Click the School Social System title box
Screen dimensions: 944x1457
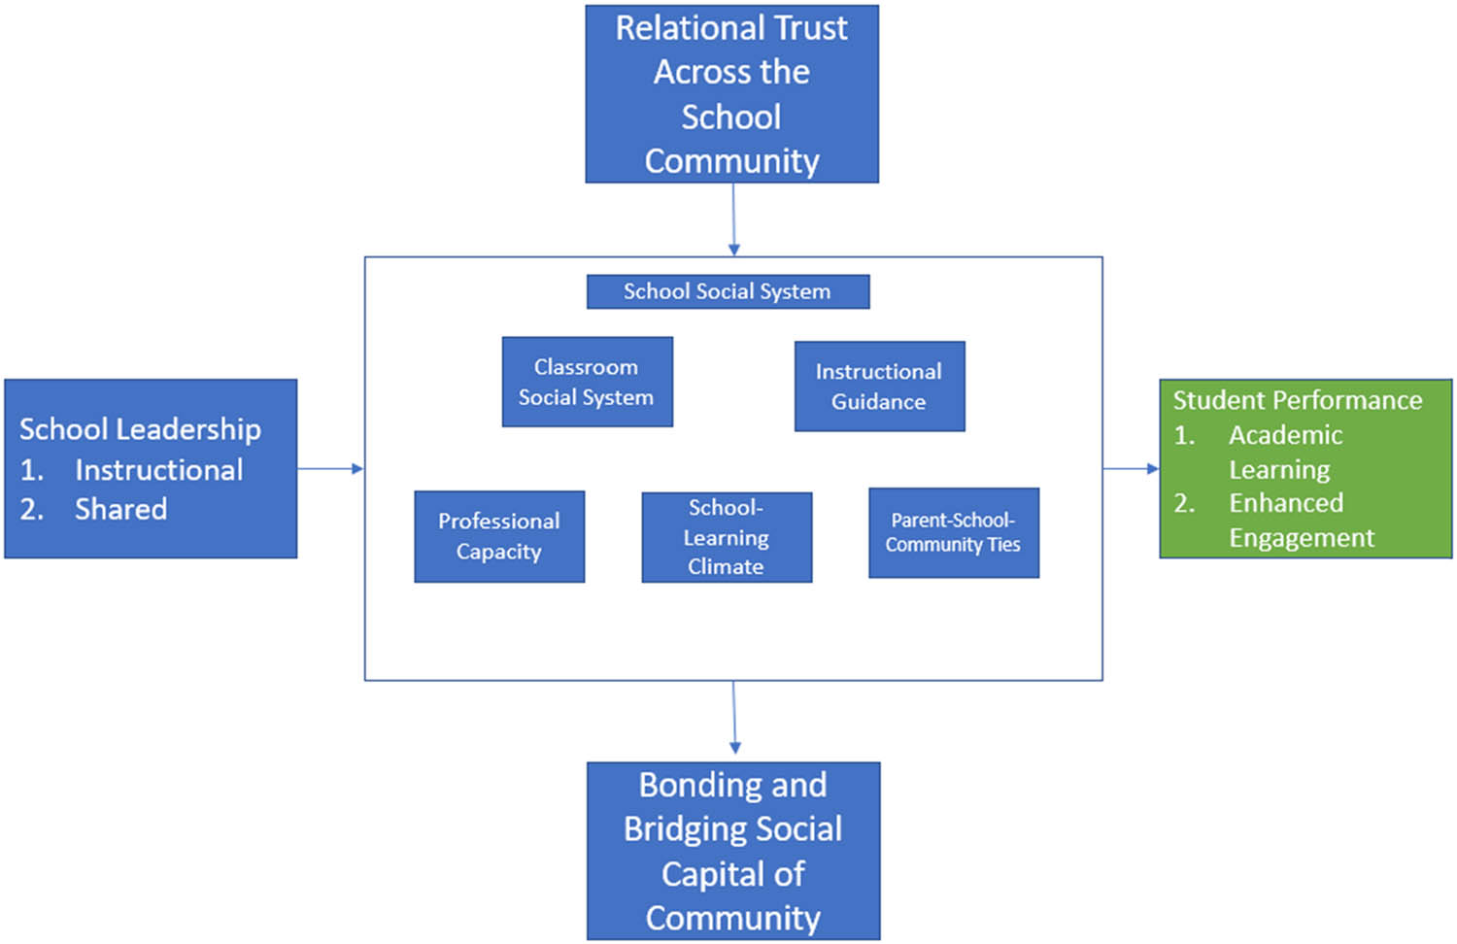pos(728,291)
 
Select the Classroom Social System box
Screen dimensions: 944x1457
pos(587,382)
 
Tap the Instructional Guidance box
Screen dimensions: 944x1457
pos(879,386)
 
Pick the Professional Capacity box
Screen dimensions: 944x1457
pos(499,536)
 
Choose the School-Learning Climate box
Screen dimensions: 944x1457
pos(727,536)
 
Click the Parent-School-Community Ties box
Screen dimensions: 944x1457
pos(953,532)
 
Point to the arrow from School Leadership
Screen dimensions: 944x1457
pos(330,469)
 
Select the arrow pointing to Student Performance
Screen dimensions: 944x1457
pos(1131,469)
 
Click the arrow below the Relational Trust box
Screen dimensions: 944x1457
pos(733,219)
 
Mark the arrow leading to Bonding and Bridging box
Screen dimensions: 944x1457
pos(734,719)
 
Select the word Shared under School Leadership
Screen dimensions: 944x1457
pos(121,509)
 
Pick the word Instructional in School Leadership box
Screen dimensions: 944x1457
pos(159,470)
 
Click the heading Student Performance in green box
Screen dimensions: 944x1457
pos(1297,400)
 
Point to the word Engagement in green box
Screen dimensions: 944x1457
pos(1302,538)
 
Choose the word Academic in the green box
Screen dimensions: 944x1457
pos(1285,435)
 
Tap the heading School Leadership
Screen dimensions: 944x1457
pos(140,429)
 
